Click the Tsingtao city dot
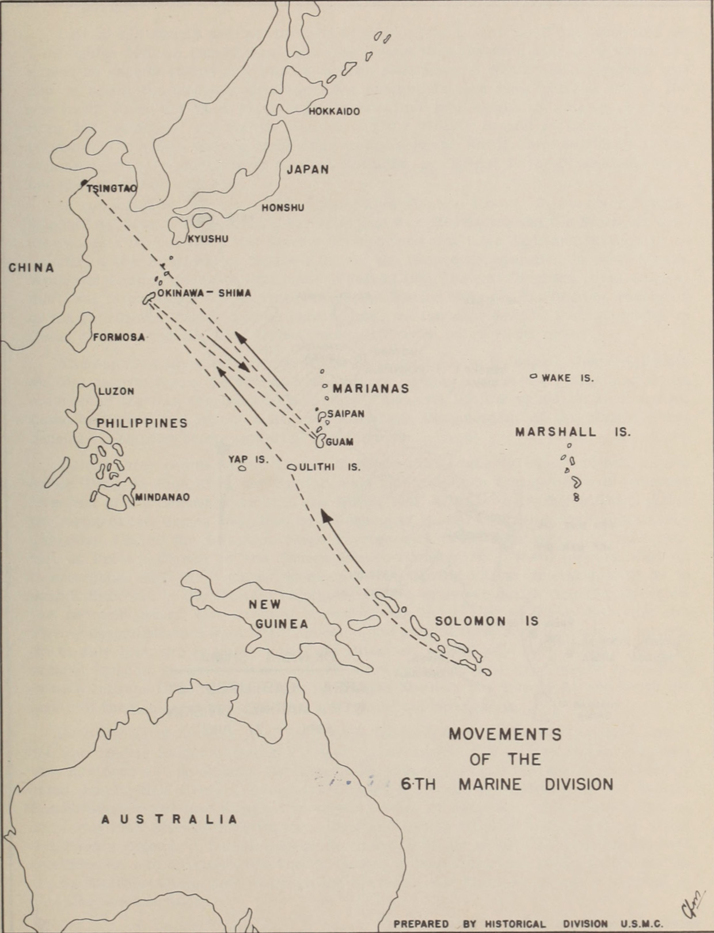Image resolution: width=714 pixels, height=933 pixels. (84, 184)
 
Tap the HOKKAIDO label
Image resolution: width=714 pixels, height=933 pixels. (334, 111)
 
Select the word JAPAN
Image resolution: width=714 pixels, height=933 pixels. (307, 169)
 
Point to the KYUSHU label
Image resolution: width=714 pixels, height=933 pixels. (208, 239)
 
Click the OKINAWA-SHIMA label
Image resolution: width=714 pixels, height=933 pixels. (204, 293)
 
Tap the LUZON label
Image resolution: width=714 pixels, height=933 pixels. (116, 391)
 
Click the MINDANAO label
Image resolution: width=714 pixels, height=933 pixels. (162, 497)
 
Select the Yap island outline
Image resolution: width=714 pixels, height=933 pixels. (242, 469)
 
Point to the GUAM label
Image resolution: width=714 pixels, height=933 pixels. (340, 442)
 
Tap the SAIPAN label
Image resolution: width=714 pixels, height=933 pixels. (345, 414)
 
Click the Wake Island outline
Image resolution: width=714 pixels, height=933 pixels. (533, 377)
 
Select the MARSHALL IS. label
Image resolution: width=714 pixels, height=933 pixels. (572, 432)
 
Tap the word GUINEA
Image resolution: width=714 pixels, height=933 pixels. (282, 624)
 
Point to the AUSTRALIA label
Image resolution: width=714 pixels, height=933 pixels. (169, 819)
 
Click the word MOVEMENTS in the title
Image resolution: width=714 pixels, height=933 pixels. (504, 734)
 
